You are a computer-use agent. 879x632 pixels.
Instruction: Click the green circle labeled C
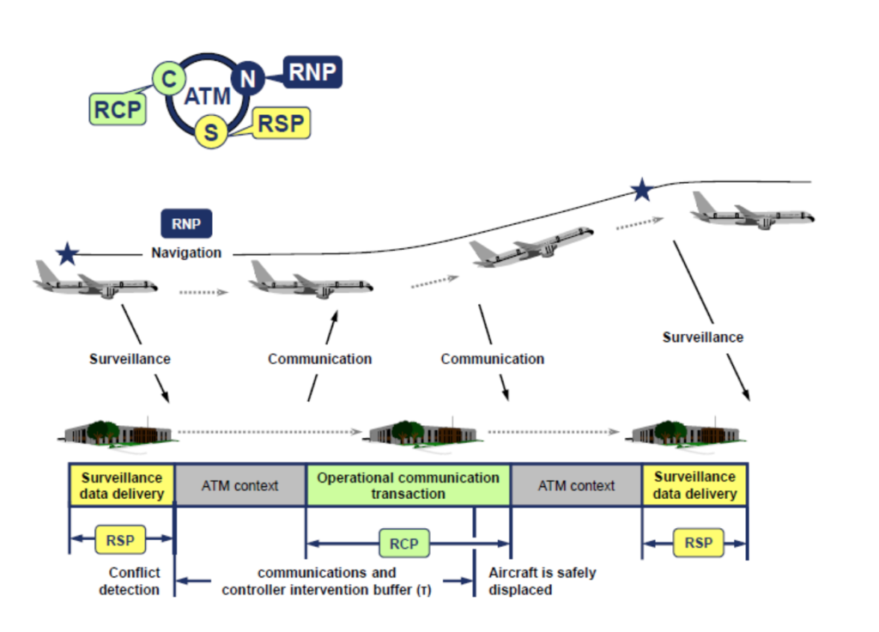(169, 80)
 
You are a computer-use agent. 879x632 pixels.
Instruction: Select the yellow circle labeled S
(210, 132)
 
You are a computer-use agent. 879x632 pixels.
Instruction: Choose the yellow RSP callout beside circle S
(281, 124)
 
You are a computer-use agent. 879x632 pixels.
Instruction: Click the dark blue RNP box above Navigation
(186, 225)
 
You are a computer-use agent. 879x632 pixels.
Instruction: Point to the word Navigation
(186, 253)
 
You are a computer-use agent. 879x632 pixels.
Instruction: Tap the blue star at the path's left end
(67, 253)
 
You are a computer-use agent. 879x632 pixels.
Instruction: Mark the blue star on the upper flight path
(640, 191)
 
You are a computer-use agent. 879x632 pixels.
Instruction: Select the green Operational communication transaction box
(409, 485)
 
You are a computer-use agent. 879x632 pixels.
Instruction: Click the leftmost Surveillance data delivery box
(121, 485)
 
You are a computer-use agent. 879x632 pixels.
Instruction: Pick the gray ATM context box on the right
(577, 485)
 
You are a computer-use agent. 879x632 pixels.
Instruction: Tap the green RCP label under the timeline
(403, 543)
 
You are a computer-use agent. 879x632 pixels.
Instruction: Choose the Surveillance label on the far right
(702, 337)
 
